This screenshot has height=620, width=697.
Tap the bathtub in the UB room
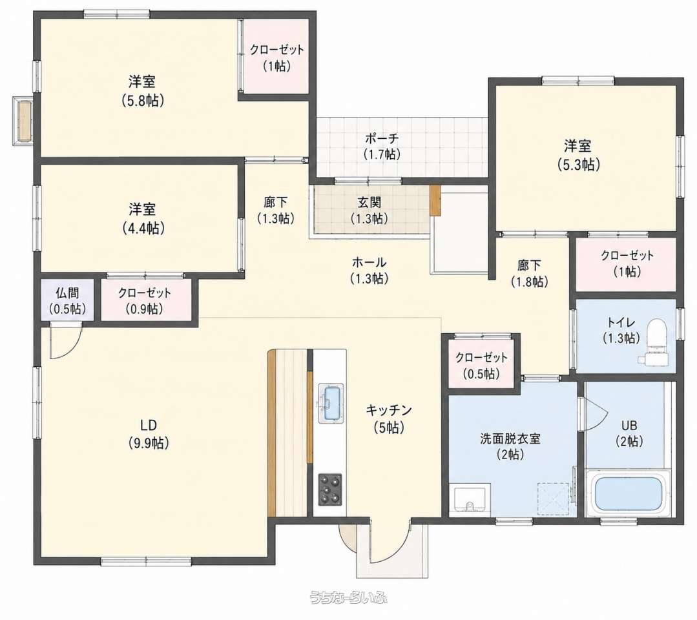(629, 493)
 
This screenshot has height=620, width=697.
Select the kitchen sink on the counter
(331, 402)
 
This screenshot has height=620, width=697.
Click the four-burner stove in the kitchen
(330, 490)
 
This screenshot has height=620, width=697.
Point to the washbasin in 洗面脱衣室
(470, 500)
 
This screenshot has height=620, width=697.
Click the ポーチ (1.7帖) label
(382, 146)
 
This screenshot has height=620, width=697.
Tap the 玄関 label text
(369, 203)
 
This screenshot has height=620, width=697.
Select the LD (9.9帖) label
(149, 434)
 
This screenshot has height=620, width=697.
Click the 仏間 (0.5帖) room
(68, 300)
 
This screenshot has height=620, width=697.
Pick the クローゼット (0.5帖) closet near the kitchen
(481, 363)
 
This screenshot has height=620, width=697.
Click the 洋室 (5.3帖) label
(578, 155)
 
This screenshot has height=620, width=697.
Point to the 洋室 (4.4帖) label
(143, 219)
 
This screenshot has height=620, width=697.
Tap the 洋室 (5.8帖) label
(143, 92)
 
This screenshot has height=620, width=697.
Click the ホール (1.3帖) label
(369, 270)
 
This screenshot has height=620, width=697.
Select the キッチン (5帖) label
(389, 418)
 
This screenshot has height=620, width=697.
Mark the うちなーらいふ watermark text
(348, 597)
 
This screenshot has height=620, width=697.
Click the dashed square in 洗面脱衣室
(553, 498)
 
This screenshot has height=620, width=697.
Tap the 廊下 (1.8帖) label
(530, 273)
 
